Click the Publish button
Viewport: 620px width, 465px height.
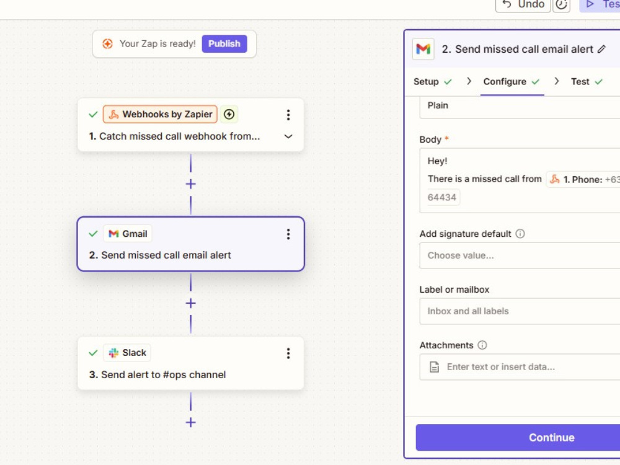[x=224, y=43]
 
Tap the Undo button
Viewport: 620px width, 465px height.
[x=523, y=5]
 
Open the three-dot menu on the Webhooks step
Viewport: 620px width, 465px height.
[x=288, y=115]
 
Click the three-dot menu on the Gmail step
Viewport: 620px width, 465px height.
[x=288, y=234]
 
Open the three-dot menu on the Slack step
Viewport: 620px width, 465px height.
[x=288, y=353]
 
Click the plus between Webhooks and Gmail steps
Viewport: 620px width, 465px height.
[x=190, y=184]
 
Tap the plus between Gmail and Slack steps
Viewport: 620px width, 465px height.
[x=190, y=303]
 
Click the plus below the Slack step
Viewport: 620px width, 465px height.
[x=190, y=422]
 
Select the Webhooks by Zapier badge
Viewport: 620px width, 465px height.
[x=160, y=114]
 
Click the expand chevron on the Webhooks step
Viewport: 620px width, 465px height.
[x=288, y=136]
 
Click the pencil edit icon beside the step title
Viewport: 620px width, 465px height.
[x=601, y=49]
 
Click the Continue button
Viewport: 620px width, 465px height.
[x=551, y=437]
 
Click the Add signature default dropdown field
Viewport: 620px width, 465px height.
[x=520, y=255]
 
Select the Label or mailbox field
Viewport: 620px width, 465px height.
[x=520, y=311]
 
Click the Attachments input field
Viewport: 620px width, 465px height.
[x=520, y=367]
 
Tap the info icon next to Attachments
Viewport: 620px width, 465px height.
[x=482, y=345]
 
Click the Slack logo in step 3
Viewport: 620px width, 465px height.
[x=113, y=353]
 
